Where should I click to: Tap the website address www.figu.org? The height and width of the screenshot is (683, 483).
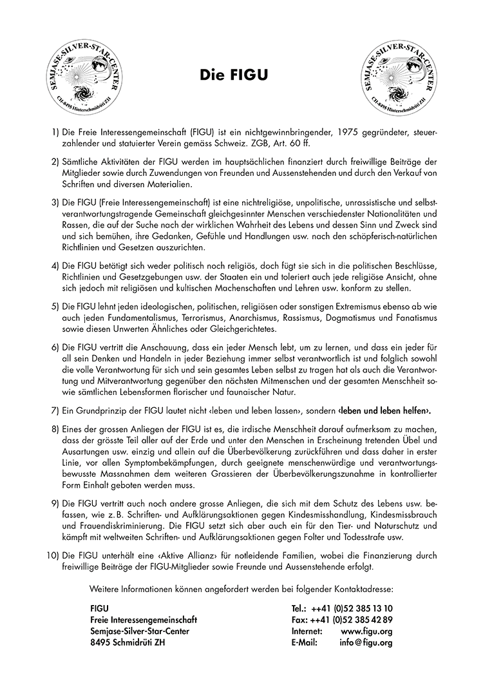(366, 631)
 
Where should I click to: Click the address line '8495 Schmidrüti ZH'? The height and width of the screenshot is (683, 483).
(128, 643)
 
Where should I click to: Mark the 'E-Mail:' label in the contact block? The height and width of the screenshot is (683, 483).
(307, 643)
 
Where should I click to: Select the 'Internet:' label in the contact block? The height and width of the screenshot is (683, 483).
(309, 631)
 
